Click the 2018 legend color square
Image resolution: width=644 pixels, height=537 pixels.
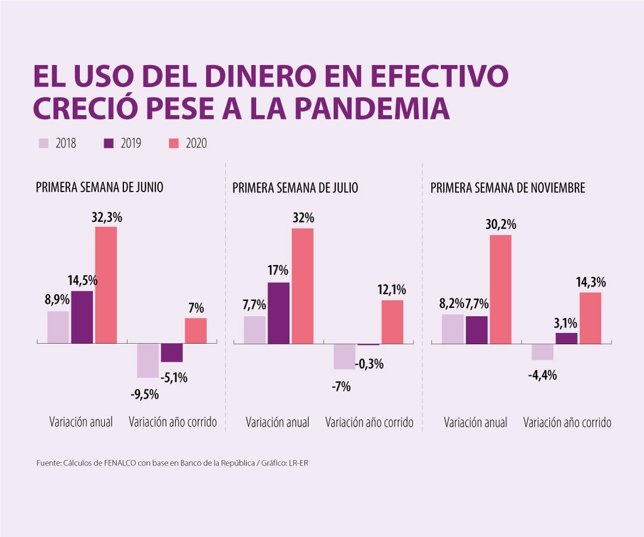[44, 143]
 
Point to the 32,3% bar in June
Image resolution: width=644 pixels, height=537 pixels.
[106, 285]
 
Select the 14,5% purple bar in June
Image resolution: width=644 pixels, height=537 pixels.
[82, 317]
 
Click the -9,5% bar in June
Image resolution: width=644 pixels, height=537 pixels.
[148, 360]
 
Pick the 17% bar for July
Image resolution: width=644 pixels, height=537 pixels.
[278, 313]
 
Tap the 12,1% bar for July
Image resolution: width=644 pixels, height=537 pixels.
[392, 322]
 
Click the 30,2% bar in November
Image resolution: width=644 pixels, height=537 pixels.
[501, 289]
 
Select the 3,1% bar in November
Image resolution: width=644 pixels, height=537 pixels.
[566, 338]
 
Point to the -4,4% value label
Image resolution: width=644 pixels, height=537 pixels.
[542, 375]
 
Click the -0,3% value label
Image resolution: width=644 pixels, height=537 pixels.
[369, 364]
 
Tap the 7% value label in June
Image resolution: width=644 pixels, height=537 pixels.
[196, 308]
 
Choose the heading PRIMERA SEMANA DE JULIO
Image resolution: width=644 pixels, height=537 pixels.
[295, 188]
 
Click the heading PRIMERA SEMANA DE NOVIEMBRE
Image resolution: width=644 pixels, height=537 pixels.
[507, 188]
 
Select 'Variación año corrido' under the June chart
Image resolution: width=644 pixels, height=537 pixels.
[173, 422]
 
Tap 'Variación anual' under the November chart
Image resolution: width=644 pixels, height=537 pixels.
[475, 422]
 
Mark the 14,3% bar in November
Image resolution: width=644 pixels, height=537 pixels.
[590, 317]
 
